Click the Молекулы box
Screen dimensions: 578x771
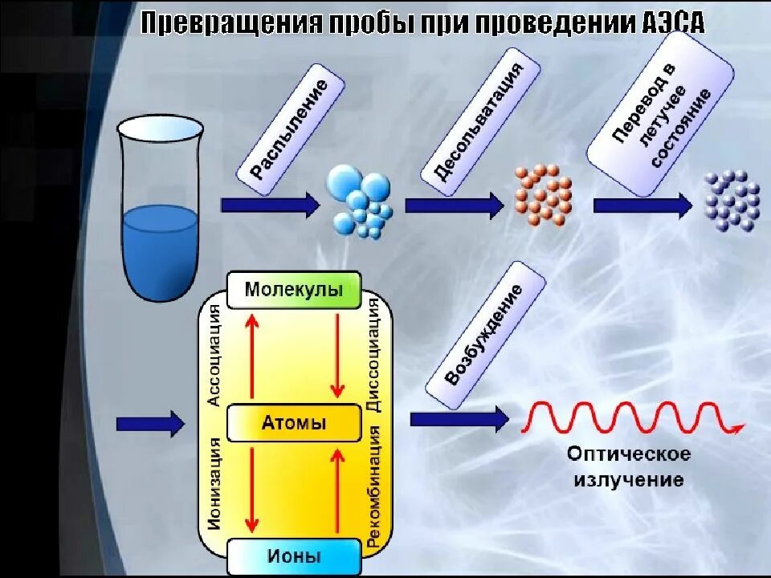click(x=293, y=289)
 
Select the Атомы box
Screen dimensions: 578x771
click(x=293, y=423)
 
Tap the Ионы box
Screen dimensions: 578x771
click(x=293, y=556)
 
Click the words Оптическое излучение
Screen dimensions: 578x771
click(x=629, y=467)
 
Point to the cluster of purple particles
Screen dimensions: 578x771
click(x=732, y=201)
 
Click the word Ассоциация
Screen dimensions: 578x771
click(x=214, y=353)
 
